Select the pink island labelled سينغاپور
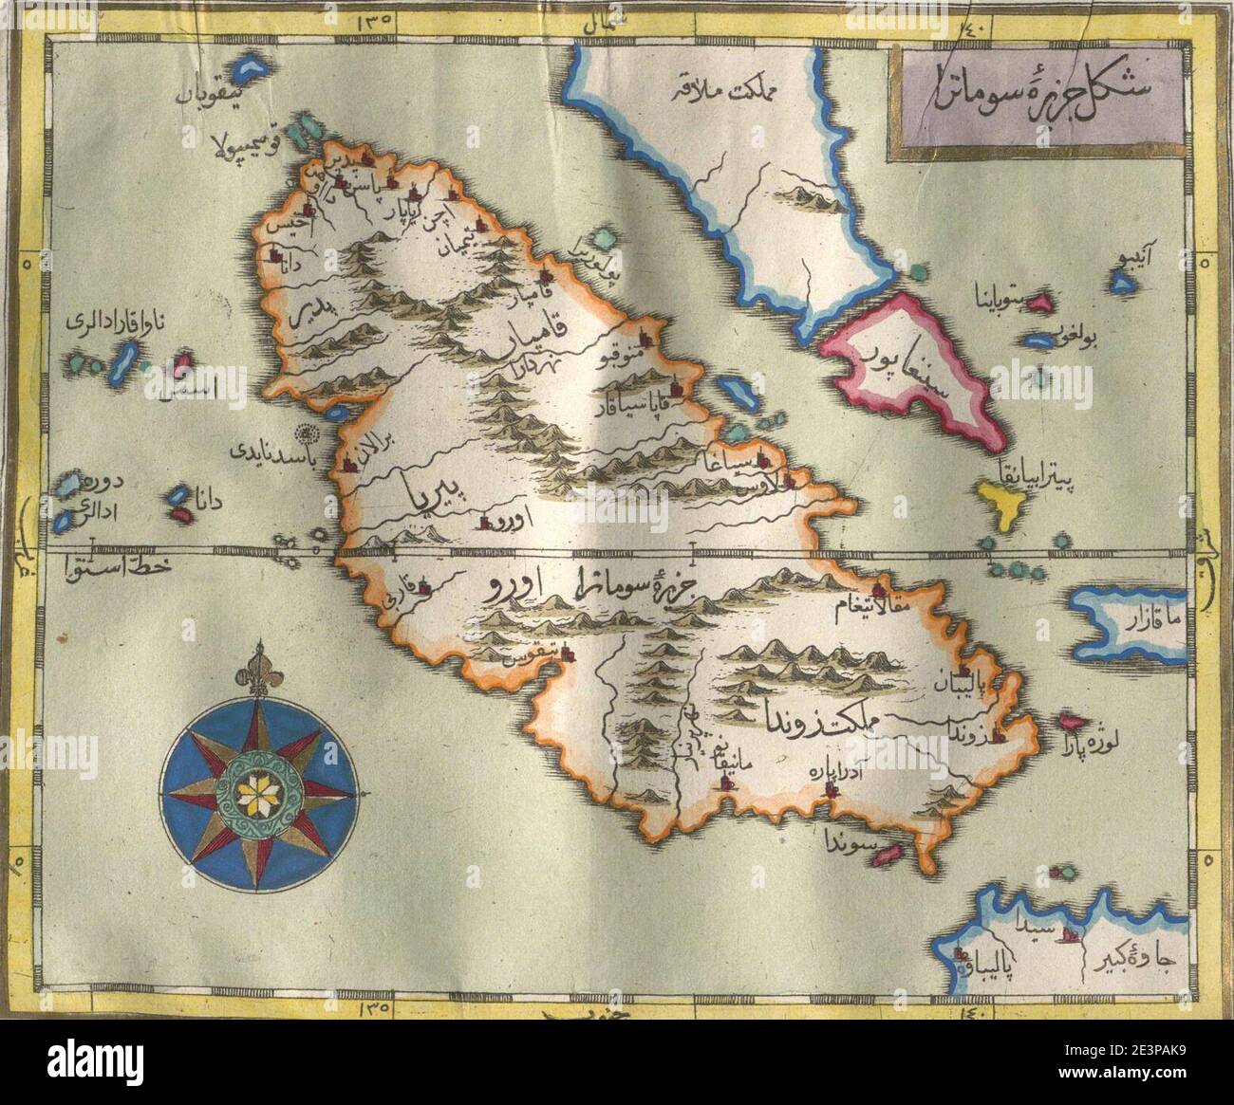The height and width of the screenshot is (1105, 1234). pyautogui.click(x=908, y=370)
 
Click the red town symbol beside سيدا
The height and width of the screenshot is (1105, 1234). pyautogui.click(x=1069, y=936)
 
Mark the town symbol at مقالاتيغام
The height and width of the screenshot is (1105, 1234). pyautogui.click(x=882, y=587)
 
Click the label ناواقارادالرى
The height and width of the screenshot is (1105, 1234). pyautogui.click(x=113, y=322)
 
